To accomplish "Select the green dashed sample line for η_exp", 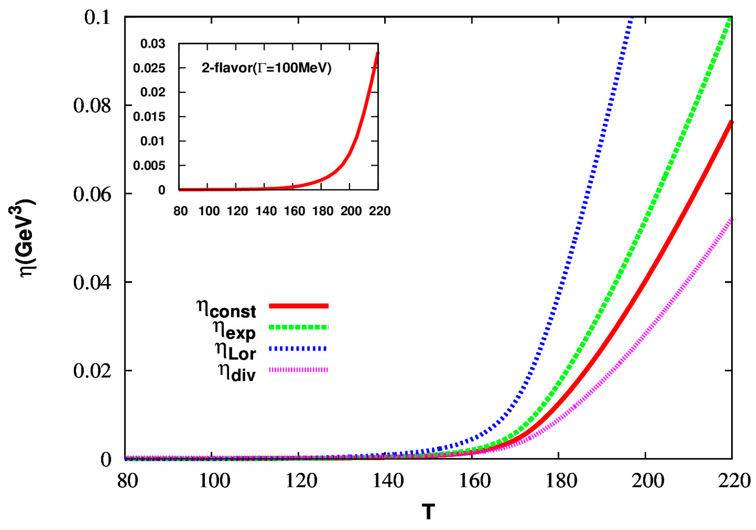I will point(298,327).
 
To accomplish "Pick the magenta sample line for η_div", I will point(298,370).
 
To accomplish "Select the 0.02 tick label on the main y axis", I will point(92,371).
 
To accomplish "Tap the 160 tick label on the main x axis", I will point(474,481).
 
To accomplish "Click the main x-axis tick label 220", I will point(734,481).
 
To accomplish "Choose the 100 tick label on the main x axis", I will point(214,481).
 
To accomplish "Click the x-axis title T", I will point(428,512).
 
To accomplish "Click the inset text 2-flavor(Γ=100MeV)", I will point(266,68).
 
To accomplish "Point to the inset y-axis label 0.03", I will point(153,44).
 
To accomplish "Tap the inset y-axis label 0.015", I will point(149,117).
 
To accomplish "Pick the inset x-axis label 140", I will point(266,211).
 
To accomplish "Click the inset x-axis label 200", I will point(351,211).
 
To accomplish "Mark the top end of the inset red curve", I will point(378,53).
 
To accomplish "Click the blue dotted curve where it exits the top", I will point(632,18).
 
